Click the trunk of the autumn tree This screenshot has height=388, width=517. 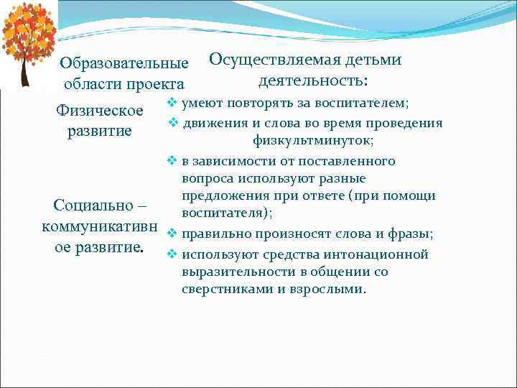click(x=27, y=71)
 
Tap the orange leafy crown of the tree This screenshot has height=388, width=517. click(x=29, y=32)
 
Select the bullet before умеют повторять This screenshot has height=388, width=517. click(x=172, y=103)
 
